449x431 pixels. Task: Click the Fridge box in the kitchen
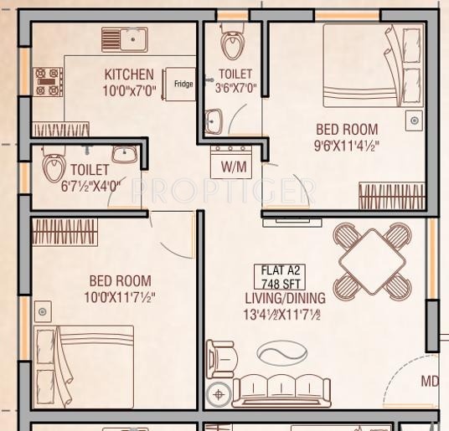click(x=180, y=85)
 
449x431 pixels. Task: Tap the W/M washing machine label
click(x=234, y=167)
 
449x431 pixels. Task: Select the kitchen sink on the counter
click(x=125, y=38)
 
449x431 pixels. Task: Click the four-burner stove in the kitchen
click(x=47, y=82)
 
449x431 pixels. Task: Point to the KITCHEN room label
click(x=128, y=74)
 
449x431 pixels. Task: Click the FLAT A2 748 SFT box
click(x=281, y=276)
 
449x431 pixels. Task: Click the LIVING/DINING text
click(x=285, y=298)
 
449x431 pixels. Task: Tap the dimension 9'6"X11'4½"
click(x=346, y=145)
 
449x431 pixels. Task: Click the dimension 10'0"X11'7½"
click(x=119, y=296)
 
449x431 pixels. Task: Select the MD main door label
click(x=429, y=382)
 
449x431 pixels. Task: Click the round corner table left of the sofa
click(x=219, y=393)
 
